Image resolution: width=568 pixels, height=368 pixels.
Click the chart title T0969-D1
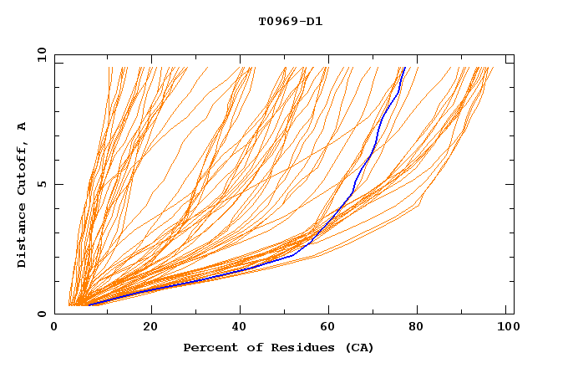click(x=290, y=22)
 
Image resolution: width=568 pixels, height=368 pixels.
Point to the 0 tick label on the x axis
click(x=54, y=328)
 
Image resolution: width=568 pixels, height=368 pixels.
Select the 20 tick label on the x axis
click(x=150, y=328)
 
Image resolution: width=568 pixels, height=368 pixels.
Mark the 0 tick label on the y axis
click(x=42, y=314)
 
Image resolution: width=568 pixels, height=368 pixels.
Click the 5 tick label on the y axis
click(x=42, y=184)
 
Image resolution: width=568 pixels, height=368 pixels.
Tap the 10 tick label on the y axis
click(x=39, y=54)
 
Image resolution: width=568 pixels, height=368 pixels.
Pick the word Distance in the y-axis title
click(x=23, y=237)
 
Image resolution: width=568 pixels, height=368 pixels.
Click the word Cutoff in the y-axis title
click(x=23, y=169)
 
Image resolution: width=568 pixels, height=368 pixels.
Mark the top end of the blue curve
click(x=405, y=68)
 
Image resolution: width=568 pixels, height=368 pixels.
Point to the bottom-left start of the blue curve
click(x=89, y=304)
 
